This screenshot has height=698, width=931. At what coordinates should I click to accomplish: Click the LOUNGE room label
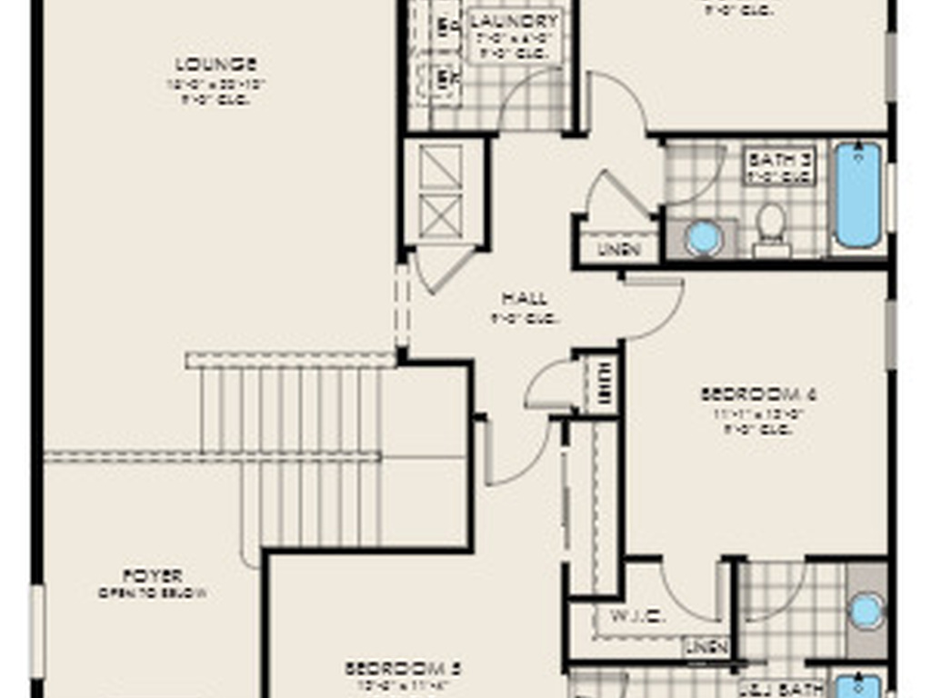(x=215, y=65)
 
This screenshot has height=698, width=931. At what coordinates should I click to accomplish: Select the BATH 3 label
(x=779, y=160)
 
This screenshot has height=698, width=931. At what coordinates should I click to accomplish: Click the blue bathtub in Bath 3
(x=857, y=194)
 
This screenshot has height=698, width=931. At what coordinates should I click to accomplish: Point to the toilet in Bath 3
(x=771, y=227)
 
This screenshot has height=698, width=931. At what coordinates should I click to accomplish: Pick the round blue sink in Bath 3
(x=704, y=238)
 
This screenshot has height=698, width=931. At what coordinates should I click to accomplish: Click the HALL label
(x=525, y=298)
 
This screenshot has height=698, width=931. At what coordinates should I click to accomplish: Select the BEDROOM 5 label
(x=403, y=669)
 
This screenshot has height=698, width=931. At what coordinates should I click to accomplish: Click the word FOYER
(x=153, y=575)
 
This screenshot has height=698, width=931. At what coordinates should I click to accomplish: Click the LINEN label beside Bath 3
(x=619, y=248)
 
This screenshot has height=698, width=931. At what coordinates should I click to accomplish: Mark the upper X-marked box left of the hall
(x=442, y=167)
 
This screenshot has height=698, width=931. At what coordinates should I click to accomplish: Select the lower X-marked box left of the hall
(x=442, y=215)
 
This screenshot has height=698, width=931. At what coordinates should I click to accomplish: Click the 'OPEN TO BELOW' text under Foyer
(x=153, y=593)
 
